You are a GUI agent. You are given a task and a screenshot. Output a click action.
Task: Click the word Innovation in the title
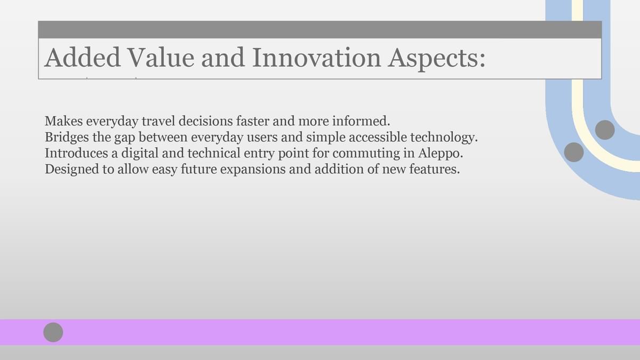tap(317, 58)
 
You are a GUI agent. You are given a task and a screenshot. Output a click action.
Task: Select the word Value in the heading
tap(161, 58)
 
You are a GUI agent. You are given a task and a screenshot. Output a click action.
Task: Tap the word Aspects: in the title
tap(436, 59)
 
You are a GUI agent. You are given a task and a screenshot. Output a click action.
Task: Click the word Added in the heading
tap(82, 58)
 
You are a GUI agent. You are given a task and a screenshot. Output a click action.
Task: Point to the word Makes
tap(63, 121)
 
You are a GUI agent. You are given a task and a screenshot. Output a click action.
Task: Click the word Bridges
tap(67, 138)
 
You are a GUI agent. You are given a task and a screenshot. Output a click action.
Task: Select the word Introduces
tap(76, 153)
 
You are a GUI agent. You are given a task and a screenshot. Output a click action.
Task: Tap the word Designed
tap(71, 170)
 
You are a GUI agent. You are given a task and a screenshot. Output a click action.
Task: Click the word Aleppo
tap(441, 154)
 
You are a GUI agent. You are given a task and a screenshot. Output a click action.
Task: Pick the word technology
tap(444, 138)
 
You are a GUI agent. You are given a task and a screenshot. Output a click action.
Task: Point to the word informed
tap(361, 121)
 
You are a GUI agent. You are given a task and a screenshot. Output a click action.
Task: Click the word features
tap(435, 169)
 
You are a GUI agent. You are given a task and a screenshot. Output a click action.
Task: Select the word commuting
tap(366, 154)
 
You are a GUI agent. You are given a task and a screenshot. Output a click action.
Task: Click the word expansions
tap(253, 170)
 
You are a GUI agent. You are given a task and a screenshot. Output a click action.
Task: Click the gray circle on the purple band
tap(53, 332)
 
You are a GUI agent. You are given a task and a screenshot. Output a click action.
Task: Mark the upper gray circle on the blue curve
tap(605, 130)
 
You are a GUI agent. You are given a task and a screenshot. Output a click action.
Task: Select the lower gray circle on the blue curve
tap(574, 153)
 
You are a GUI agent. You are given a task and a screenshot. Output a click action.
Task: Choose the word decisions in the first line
tap(206, 121)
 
